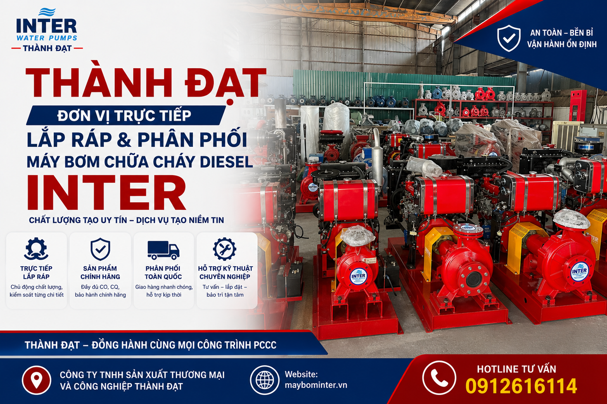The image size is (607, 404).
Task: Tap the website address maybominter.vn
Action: pyautogui.click(x=316, y=385)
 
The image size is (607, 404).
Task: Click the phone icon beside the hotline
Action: pyautogui.click(x=439, y=378)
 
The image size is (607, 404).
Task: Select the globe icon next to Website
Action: pyautogui.click(x=264, y=380)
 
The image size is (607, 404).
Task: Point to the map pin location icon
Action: pyautogui.click(x=37, y=380)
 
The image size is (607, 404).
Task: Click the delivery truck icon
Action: pyautogui.click(x=164, y=250)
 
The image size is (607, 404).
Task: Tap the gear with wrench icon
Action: pyautogui.click(x=224, y=249)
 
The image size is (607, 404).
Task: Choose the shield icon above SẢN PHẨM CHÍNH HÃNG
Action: pyautogui.click(x=100, y=249)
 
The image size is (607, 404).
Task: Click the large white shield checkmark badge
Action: pyautogui.click(x=509, y=38)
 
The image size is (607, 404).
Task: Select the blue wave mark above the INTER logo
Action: pyautogui.click(x=47, y=12)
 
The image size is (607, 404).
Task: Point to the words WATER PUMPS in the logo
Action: pyautogui.click(x=47, y=38)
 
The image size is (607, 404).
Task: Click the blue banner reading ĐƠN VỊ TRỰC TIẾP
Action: pyautogui.click(x=126, y=115)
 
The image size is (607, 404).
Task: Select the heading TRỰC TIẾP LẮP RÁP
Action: pyautogui.click(x=37, y=272)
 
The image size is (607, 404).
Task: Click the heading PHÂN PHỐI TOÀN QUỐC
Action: pyautogui.click(x=163, y=272)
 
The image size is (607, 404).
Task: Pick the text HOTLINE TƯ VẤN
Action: pyautogui.click(x=516, y=369)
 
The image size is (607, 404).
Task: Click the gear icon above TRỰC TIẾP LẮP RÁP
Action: pyautogui.click(x=37, y=249)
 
